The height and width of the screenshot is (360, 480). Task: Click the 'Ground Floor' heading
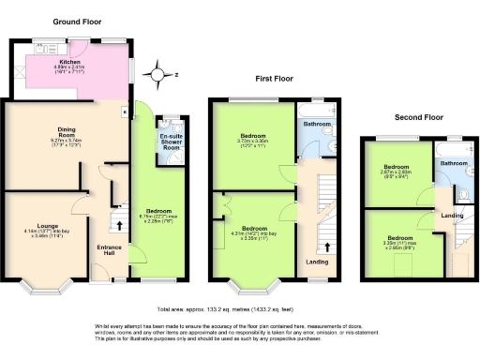[x=78, y=21]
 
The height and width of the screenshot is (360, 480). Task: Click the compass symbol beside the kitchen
[x=157, y=76]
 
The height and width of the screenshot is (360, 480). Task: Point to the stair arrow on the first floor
[x=326, y=247]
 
